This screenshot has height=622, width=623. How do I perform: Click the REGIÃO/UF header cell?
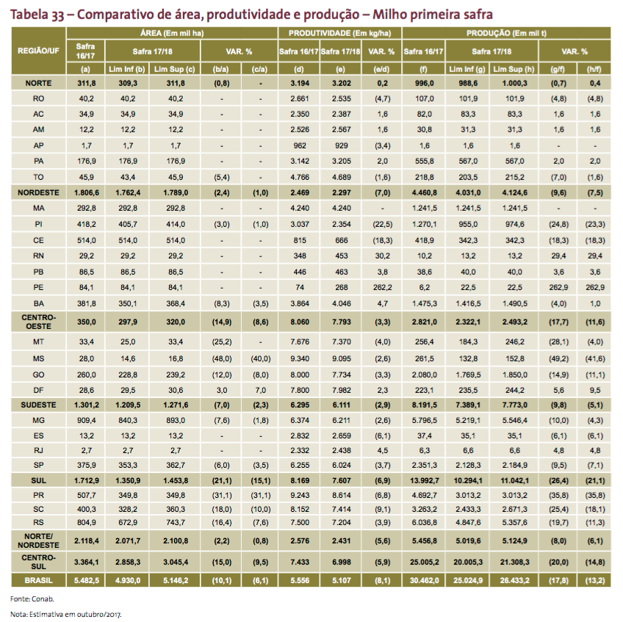coord(38,51)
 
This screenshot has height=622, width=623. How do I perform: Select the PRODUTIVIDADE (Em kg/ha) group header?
coord(339,33)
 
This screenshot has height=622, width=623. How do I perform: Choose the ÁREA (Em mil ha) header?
coord(172,33)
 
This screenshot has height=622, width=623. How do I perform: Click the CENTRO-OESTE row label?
coord(38,322)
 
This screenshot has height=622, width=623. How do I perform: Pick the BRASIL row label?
coord(38,580)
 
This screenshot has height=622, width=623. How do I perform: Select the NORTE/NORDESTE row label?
coord(38,540)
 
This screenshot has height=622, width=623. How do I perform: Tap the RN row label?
coord(38,256)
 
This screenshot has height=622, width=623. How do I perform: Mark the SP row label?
coord(38,465)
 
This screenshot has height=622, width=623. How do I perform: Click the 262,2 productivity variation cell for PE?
coord(382,288)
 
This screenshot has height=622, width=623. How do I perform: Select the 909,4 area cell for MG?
coord(86,421)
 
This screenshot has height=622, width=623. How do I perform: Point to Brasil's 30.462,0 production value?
coord(424,580)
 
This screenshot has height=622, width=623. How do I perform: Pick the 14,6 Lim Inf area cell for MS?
coord(128,358)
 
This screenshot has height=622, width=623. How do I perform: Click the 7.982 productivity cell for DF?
coord(341,390)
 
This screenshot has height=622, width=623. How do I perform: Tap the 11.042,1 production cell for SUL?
coord(514,480)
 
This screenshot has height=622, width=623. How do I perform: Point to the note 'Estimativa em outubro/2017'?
coord(75,615)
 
